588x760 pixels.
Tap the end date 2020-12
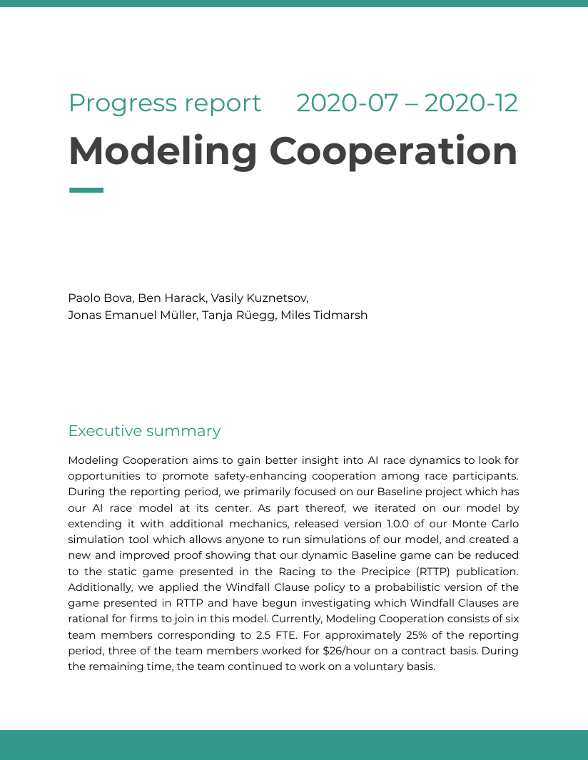[x=471, y=103]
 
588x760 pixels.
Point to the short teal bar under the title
[x=86, y=191]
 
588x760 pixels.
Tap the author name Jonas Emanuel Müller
[x=125, y=315]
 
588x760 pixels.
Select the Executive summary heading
[x=144, y=431]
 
